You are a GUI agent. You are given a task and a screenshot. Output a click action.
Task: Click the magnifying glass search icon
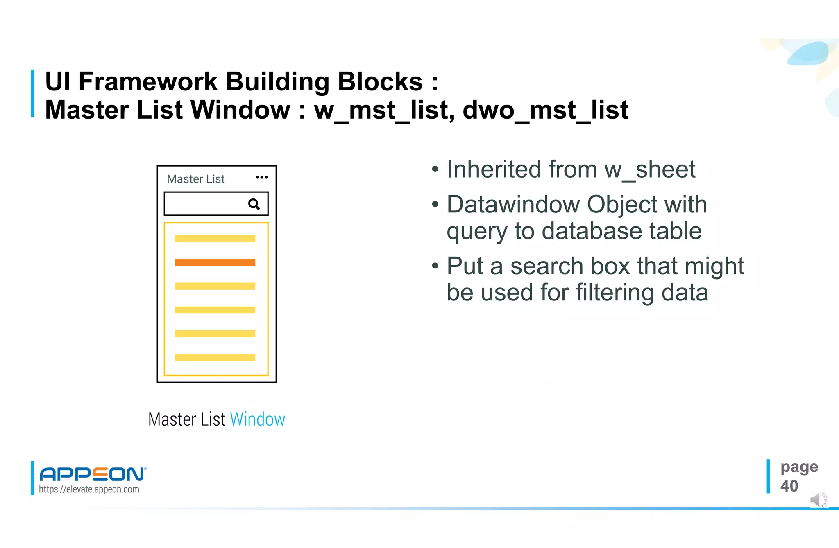[254, 204]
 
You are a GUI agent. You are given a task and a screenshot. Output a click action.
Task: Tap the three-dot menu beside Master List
[262, 177]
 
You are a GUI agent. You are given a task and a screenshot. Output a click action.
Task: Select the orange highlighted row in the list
[215, 262]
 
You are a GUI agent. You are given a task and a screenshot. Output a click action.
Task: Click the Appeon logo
[93, 474]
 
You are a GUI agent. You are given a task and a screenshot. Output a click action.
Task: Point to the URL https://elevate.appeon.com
[89, 489]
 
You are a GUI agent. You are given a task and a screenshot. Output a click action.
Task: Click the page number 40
[789, 486]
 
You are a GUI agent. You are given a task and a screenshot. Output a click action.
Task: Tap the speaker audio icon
[818, 500]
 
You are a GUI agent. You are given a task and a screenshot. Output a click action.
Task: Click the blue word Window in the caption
[257, 419]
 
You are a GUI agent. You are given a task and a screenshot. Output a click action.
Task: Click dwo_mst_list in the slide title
[545, 110]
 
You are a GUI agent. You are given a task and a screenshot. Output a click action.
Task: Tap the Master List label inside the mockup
[196, 179]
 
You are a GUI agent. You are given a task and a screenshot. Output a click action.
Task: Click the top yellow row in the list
[215, 239]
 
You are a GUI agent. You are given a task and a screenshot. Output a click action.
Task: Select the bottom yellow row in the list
[215, 357]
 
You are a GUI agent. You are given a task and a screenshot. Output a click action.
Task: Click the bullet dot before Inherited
[435, 169]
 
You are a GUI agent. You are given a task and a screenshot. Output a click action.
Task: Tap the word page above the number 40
[799, 467]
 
